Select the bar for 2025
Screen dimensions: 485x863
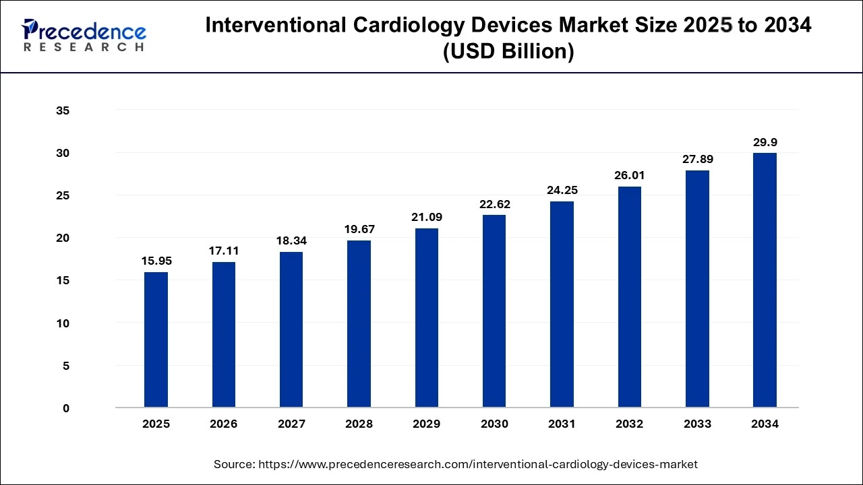[156, 339]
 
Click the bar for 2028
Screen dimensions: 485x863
[359, 324]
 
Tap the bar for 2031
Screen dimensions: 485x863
[562, 304]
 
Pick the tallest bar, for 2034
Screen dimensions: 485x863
[765, 280]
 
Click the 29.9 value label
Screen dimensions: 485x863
[765, 143]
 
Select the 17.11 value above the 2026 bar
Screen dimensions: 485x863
[224, 251]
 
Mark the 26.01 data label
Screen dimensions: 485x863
[629, 175]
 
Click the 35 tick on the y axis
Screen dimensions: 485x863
[62, 110]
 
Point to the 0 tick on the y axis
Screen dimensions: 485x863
[65, 408]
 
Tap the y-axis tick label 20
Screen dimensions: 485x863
[62, 238]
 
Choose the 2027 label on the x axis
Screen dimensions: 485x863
[291, 424]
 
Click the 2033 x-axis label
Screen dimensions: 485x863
[697, 424]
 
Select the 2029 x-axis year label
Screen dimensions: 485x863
[427, 424]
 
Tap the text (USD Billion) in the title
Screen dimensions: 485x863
[508, 51]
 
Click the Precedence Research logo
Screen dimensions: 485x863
[84, 36]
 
